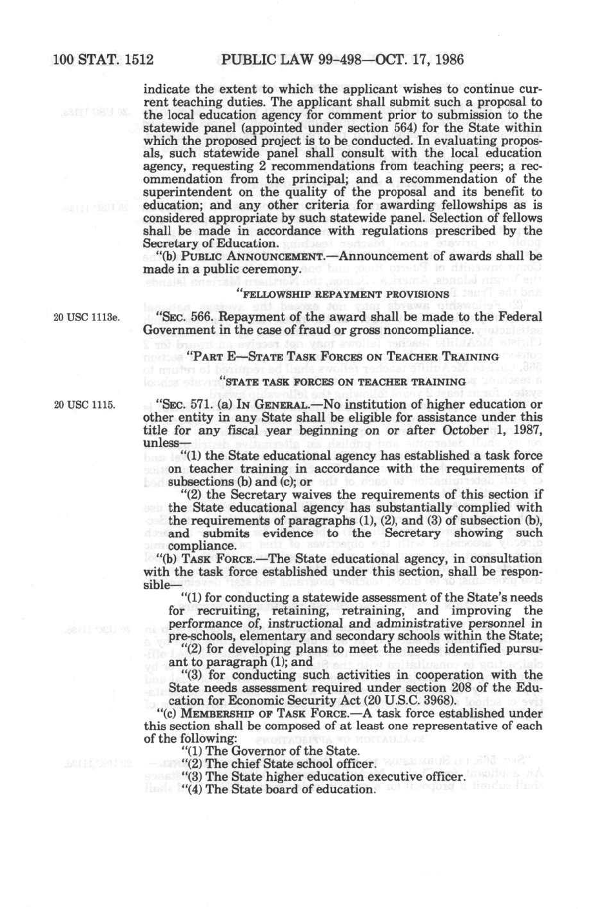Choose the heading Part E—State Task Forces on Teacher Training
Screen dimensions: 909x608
[342, 356]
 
